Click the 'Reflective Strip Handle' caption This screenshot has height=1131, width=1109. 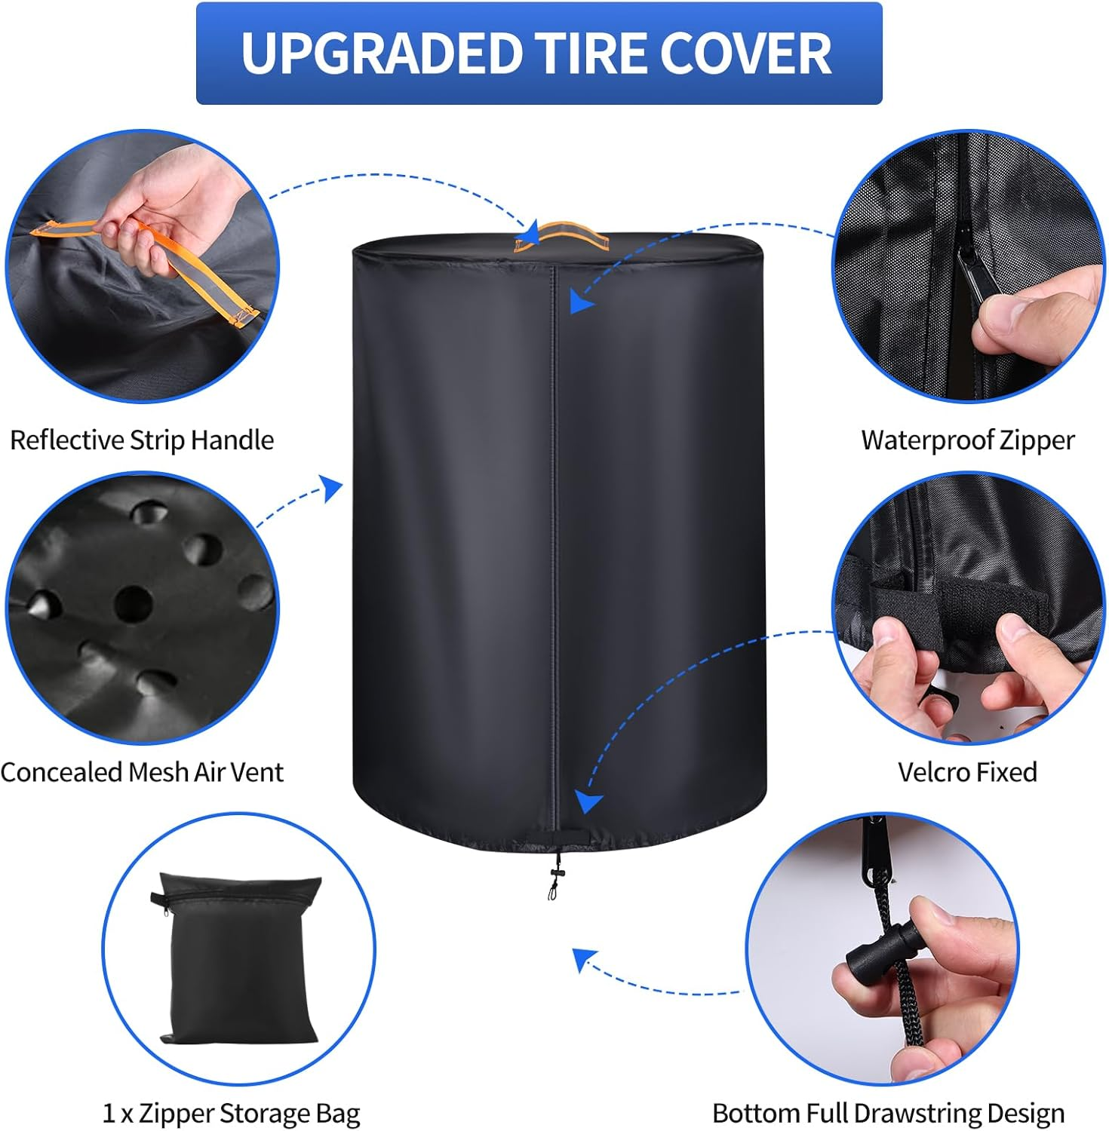coord(142,440)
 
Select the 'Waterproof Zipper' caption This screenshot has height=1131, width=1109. coord(968,440)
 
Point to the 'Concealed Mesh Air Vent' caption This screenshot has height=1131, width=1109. coord(142,772)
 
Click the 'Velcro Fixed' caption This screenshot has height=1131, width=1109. coord(967,772)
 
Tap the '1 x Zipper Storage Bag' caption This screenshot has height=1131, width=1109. coord(232,1113)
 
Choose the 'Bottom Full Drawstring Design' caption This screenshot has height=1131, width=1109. coord(888,1113)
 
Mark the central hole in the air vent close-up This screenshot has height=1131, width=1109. coord(134,602)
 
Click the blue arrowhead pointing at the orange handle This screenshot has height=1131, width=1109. coord(530,234)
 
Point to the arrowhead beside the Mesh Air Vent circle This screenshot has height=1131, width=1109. coord(331,488)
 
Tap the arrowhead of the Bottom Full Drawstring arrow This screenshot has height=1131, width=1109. coord(583,960)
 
